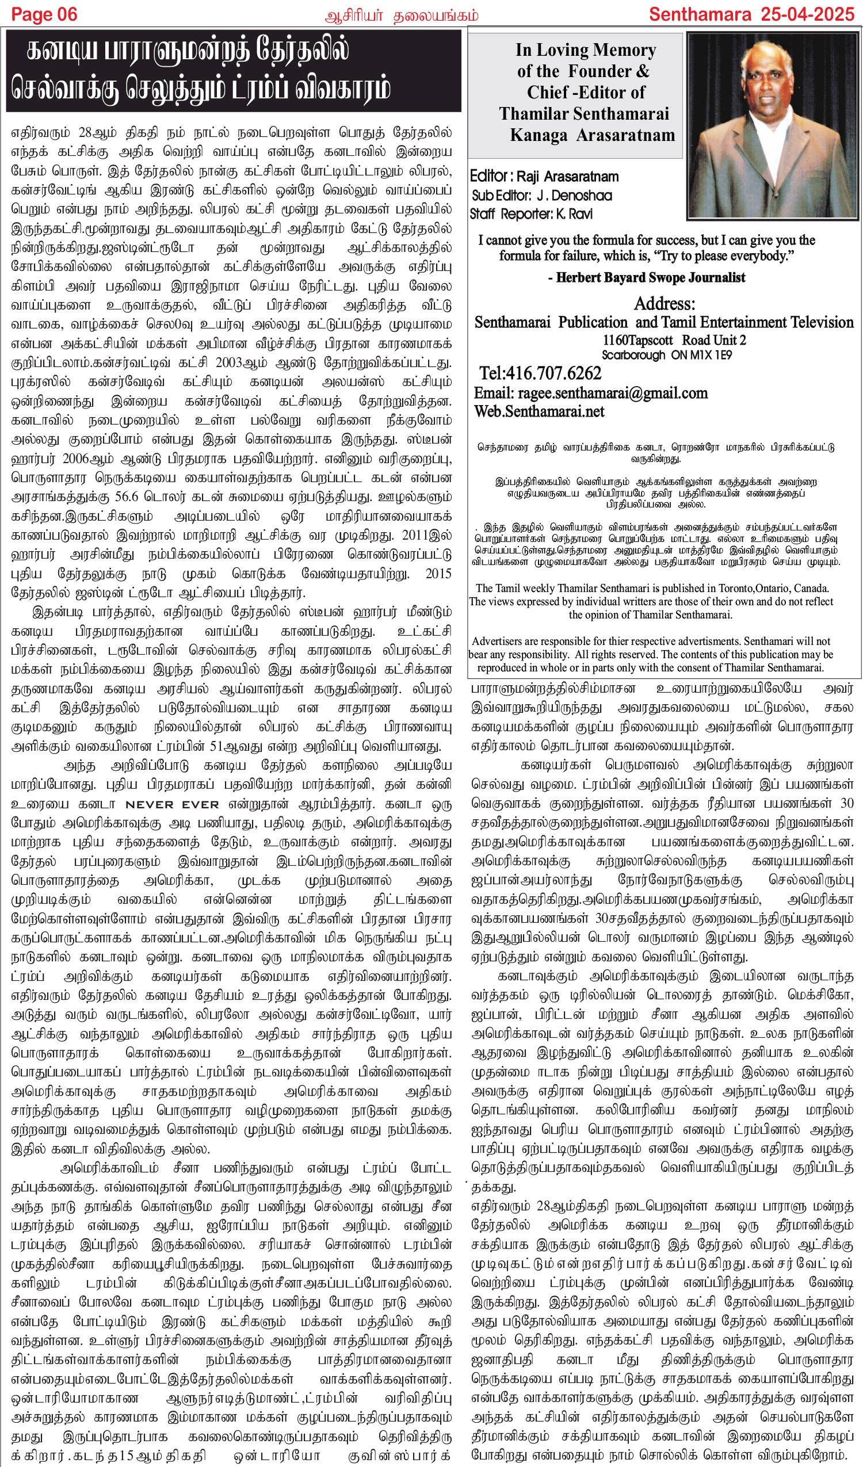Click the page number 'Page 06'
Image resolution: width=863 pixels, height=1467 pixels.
click(44, 14)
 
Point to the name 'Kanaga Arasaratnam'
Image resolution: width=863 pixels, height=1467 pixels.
click(592, 135)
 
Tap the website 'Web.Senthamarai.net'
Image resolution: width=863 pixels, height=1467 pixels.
click(539, 411)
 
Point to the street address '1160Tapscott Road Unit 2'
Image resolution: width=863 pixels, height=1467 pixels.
click(674, 340)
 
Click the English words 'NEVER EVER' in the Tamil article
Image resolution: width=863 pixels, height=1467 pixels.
click(173, 805)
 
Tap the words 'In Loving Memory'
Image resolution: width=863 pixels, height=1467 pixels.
click(585, 51)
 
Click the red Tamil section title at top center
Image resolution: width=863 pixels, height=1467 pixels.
click(401, 15)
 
